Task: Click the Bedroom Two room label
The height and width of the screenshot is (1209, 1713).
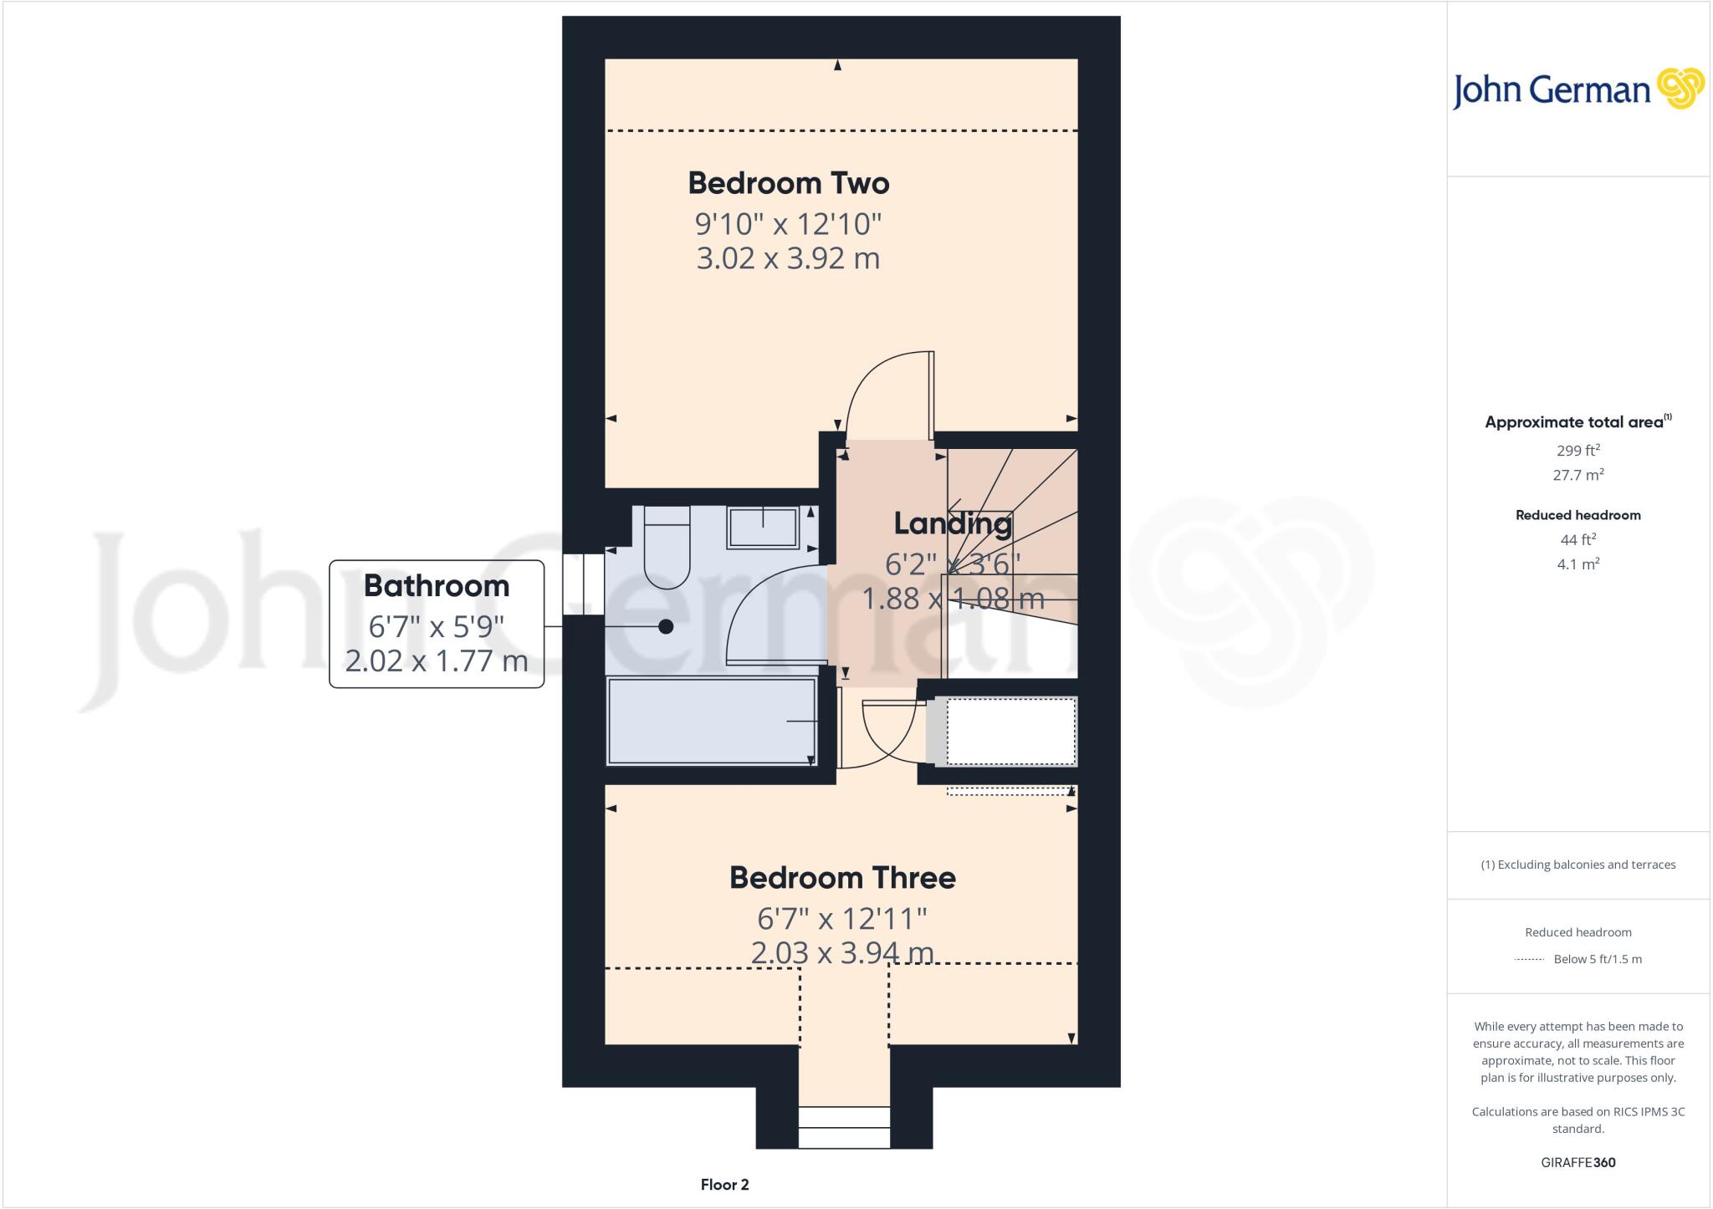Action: point(788,183)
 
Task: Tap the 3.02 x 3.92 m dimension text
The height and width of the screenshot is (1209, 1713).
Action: point(788,258)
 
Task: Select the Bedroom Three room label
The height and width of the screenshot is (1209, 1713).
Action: point(842,878)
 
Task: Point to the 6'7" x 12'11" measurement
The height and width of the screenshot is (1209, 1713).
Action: point(842,919)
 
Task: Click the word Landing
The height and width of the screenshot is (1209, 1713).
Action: point(953,524)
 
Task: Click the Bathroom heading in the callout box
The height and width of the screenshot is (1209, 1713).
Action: point(436,586)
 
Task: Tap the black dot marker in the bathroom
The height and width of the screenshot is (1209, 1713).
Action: point(666,626)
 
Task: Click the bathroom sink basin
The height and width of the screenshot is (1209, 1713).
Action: point(762,527)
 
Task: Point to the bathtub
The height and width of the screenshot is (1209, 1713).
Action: point(711,722)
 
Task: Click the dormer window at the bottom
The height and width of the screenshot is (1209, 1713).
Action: point(843,1127)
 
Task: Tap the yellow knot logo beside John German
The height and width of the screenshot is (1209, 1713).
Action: point(1680,89)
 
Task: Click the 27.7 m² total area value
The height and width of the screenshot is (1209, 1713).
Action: point(1577,475)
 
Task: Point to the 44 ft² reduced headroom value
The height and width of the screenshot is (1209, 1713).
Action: point(1577,540)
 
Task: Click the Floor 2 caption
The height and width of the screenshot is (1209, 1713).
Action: point(724,1185)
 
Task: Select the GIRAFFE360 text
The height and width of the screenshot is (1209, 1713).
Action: point(1577,1163)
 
